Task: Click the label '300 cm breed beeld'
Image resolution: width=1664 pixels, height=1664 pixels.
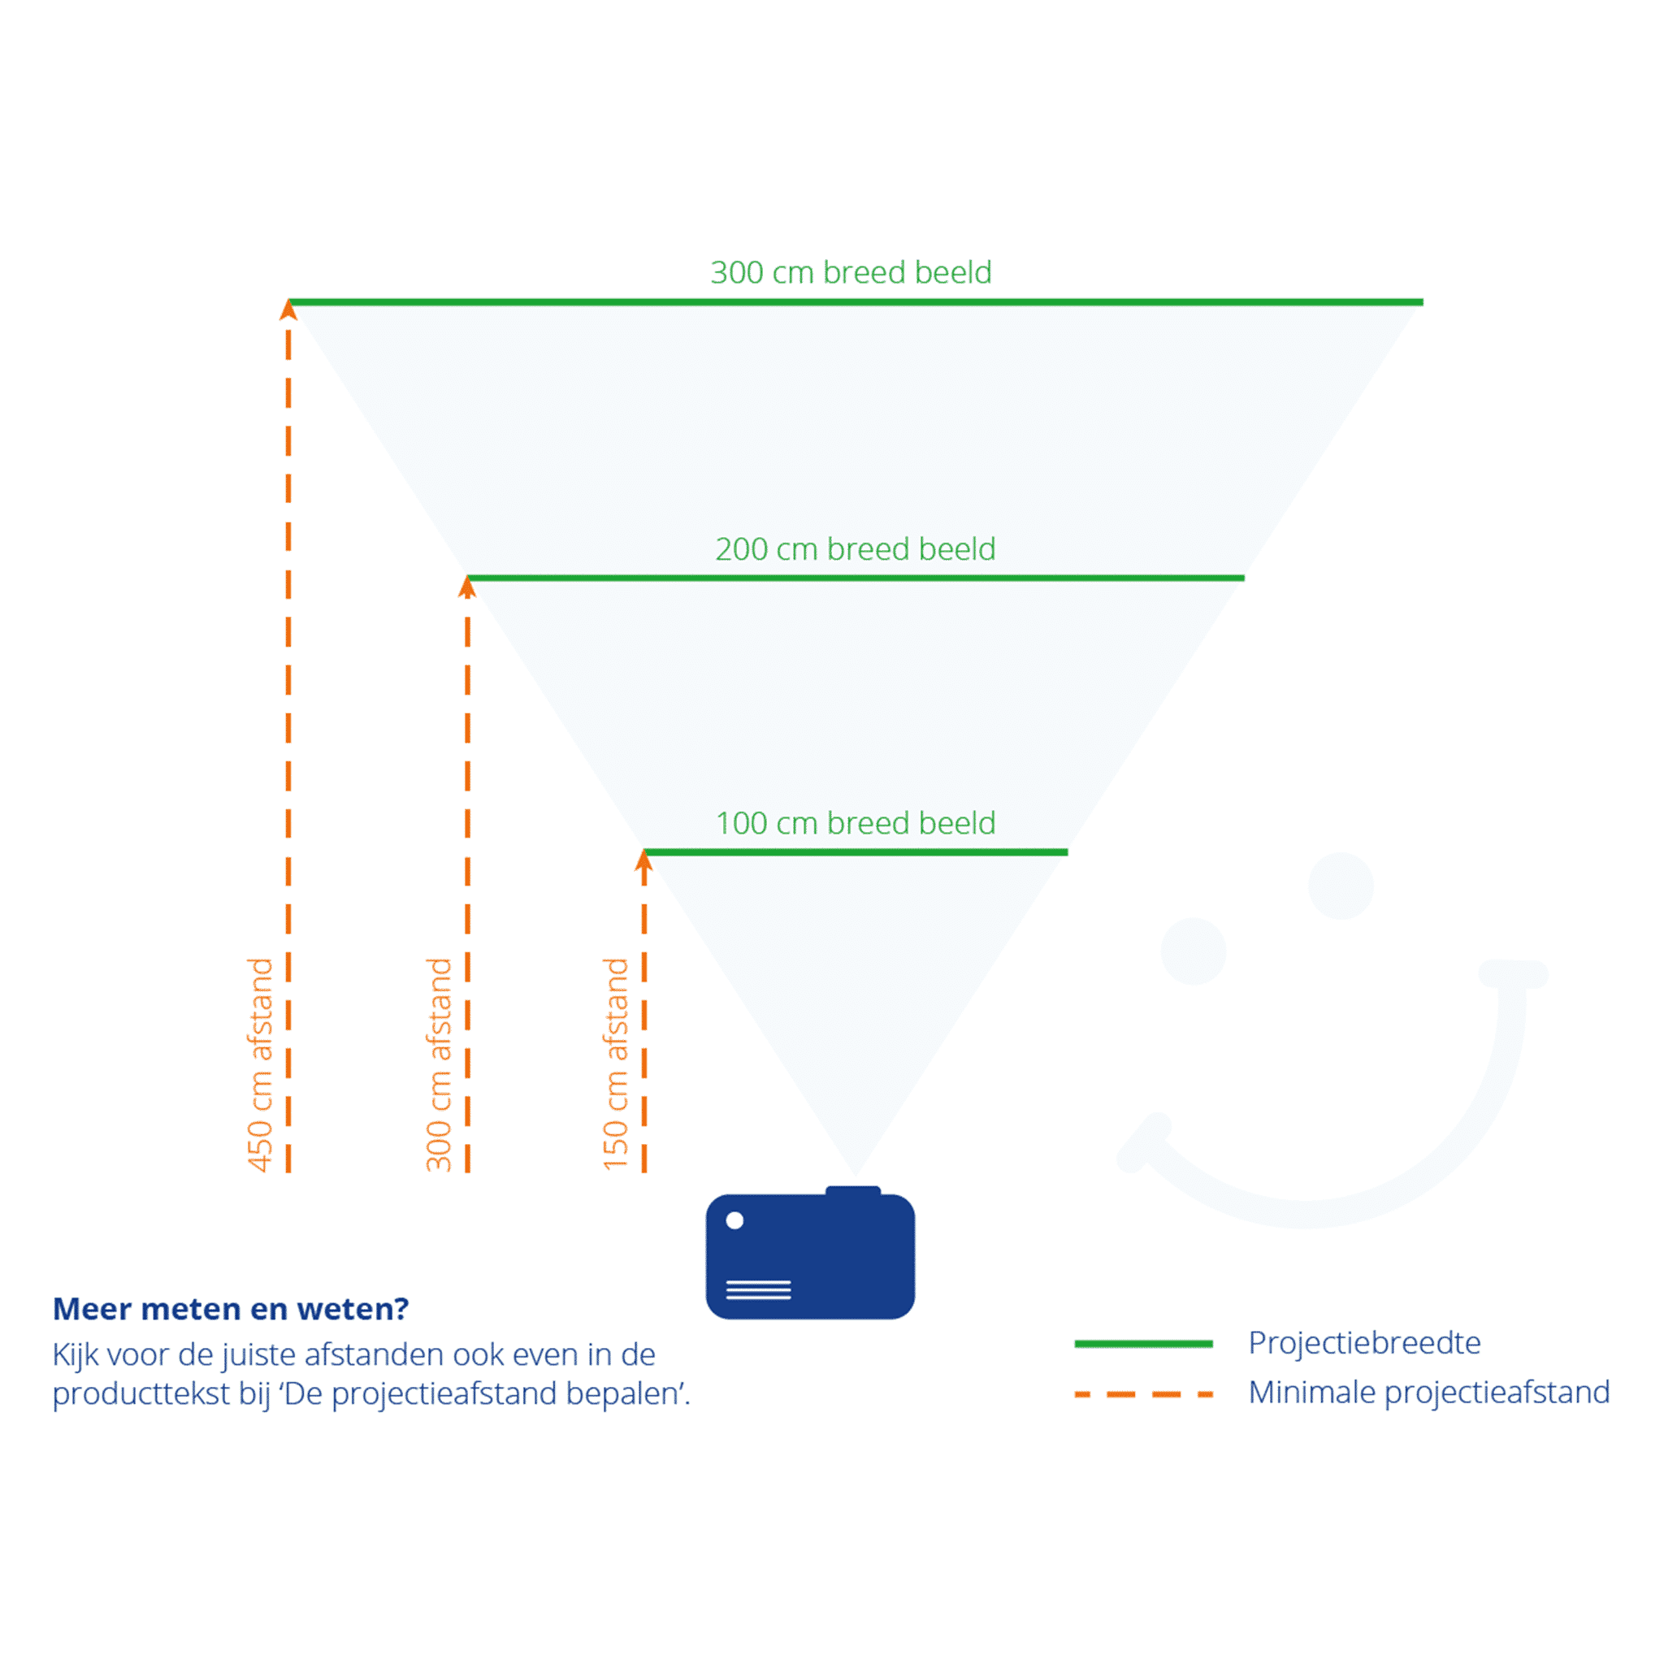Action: (x=851, y=272)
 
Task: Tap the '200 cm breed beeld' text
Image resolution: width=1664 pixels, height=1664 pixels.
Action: (x=856, y=548)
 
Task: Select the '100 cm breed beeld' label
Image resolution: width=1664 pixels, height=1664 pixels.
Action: (x=856, y=822)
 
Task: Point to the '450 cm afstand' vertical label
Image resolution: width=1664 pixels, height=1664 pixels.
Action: (x=259, y=1064)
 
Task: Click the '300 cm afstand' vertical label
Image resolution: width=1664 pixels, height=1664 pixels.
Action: (x=439, y=1064)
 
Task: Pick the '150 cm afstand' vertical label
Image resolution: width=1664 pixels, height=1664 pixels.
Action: (x=615, y=1064)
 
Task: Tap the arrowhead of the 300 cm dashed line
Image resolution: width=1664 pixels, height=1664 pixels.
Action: (x=468, y=587)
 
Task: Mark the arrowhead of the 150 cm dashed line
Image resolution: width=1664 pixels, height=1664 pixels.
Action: (x=644, y=860)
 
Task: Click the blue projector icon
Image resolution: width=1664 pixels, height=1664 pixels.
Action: (x=810, y=1253)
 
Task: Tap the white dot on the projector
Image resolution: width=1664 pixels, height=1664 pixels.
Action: (x=734, y=1220)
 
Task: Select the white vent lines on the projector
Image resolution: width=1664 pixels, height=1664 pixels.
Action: (x=759, y=1289)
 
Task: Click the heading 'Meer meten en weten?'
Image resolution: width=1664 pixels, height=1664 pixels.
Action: (x=231, y=1309)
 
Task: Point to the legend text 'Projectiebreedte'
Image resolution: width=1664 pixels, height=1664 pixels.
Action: (x=1364, y=1343)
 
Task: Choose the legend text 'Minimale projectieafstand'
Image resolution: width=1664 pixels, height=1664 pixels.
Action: (x=1429, y=1393)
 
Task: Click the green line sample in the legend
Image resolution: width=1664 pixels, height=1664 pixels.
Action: (x=1144, y=1344)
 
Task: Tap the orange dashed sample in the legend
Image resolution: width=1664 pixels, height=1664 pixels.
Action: (x=1144, y=1394)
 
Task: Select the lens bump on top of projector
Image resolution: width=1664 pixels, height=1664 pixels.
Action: (x=854, y=1191)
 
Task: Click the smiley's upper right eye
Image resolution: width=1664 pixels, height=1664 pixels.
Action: (x=1341, y=886)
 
